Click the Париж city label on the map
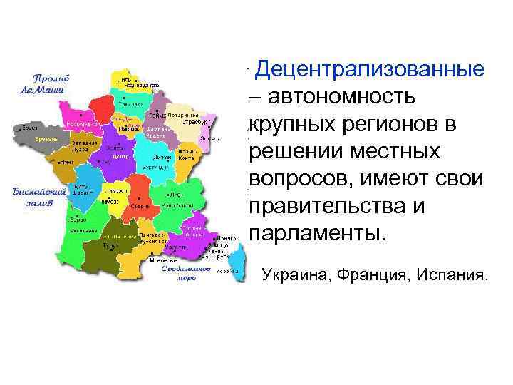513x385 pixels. pos(129,129)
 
